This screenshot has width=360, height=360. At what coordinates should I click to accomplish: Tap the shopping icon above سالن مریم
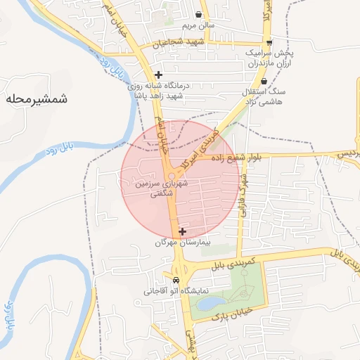(200, 14)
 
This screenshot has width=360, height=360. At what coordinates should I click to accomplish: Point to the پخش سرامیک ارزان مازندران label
(270, 58)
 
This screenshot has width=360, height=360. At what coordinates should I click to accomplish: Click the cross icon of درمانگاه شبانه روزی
(159, 75)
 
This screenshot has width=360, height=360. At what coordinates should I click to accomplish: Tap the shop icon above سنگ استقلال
(264, 82)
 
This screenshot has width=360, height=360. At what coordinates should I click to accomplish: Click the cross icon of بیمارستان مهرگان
(183, 231)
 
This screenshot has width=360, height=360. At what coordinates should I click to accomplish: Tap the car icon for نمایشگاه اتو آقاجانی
(166, 279)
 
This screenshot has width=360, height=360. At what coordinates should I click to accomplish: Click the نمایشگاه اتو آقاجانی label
(158, 290)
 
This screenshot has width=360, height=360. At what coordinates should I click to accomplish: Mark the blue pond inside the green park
(209, 303)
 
